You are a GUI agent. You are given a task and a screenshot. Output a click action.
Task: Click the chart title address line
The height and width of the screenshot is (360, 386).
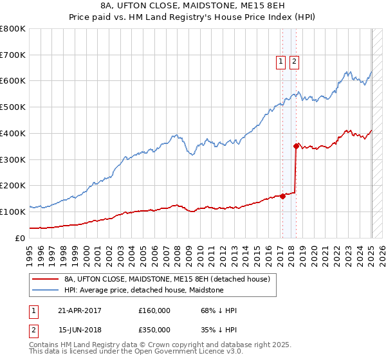point(192,6)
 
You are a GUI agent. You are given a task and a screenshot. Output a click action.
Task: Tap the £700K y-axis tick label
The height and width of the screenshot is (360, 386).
point(13,55)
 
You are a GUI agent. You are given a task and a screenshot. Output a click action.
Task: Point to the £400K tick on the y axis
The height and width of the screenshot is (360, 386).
point(13,134)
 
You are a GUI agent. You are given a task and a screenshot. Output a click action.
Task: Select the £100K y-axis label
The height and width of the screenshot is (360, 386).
point(13,212)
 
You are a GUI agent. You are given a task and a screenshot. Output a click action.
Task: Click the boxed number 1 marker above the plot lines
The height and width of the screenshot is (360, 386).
point(281,62)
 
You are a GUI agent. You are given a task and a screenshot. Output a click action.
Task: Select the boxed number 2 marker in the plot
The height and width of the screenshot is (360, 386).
point(294,62)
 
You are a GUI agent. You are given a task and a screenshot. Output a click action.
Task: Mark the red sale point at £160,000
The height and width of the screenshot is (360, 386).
point(282,196)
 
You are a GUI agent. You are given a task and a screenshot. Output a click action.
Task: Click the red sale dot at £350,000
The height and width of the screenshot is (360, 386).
point(296,147)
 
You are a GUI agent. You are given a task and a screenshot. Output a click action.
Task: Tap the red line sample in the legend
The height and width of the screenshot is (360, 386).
point(44,279)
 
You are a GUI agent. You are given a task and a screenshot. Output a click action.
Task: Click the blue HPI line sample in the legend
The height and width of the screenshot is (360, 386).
point(44,290)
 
